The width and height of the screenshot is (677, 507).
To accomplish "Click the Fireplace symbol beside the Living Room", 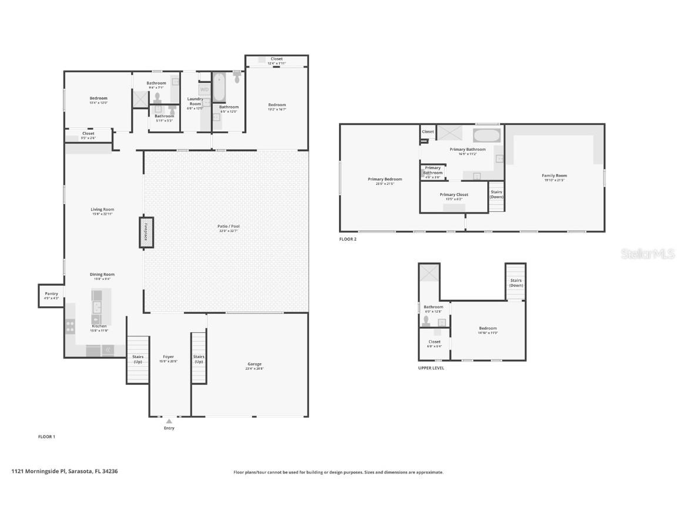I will (x=146, y=232).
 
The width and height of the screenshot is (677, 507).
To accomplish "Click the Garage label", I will (x=254, y=364).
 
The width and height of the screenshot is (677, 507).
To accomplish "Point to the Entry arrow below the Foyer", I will (x=169, y=421).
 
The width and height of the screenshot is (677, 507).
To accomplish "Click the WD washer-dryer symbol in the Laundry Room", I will (x=205, y=90).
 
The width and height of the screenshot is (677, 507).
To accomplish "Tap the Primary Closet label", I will (x=454, y=195).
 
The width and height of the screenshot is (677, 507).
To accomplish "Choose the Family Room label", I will (x=554, y=175).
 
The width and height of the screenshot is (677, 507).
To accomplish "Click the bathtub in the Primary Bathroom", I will (x=487, y=136).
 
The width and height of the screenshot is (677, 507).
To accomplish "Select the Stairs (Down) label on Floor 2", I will (x=497, y=194).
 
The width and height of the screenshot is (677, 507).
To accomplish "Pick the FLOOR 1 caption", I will (x=46, y=437).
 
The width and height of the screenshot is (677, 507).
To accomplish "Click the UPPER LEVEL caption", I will (x=431, y=368).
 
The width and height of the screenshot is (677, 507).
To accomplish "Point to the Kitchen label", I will (x=99, y=326).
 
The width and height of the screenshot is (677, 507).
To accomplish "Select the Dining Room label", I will (x=102, y=274).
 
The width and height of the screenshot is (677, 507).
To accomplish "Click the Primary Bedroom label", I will (x=385, y=179).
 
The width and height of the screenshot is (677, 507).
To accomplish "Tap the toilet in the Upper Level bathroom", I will (x=426, y=321).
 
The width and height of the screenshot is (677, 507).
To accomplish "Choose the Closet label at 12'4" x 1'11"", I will (x=277, y=59).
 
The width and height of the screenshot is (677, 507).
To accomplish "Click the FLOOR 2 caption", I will (x=348, y=239).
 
